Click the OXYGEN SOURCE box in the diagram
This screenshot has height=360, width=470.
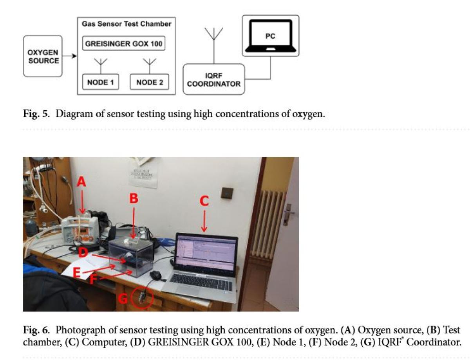click(x=43, y=56)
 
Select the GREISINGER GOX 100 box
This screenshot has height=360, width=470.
click(x=123, y=43)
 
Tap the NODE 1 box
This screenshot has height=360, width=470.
click(x=101, y=82)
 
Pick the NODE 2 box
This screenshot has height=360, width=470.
click(x=150, y=82)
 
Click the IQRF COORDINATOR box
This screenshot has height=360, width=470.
click(x=213, y=79)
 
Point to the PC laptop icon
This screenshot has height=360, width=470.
click(x=270, y=36)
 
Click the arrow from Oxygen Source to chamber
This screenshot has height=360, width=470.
click(x=70, y=56)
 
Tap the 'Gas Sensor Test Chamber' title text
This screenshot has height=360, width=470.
click(x=127, y=24)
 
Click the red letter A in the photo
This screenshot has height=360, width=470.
click(x=81, y=182)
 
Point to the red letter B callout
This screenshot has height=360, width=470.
click(x=134, y=199)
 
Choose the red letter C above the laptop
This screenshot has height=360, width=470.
click(x=204, y=201)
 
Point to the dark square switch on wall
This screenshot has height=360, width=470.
click(x=227, y=193)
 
